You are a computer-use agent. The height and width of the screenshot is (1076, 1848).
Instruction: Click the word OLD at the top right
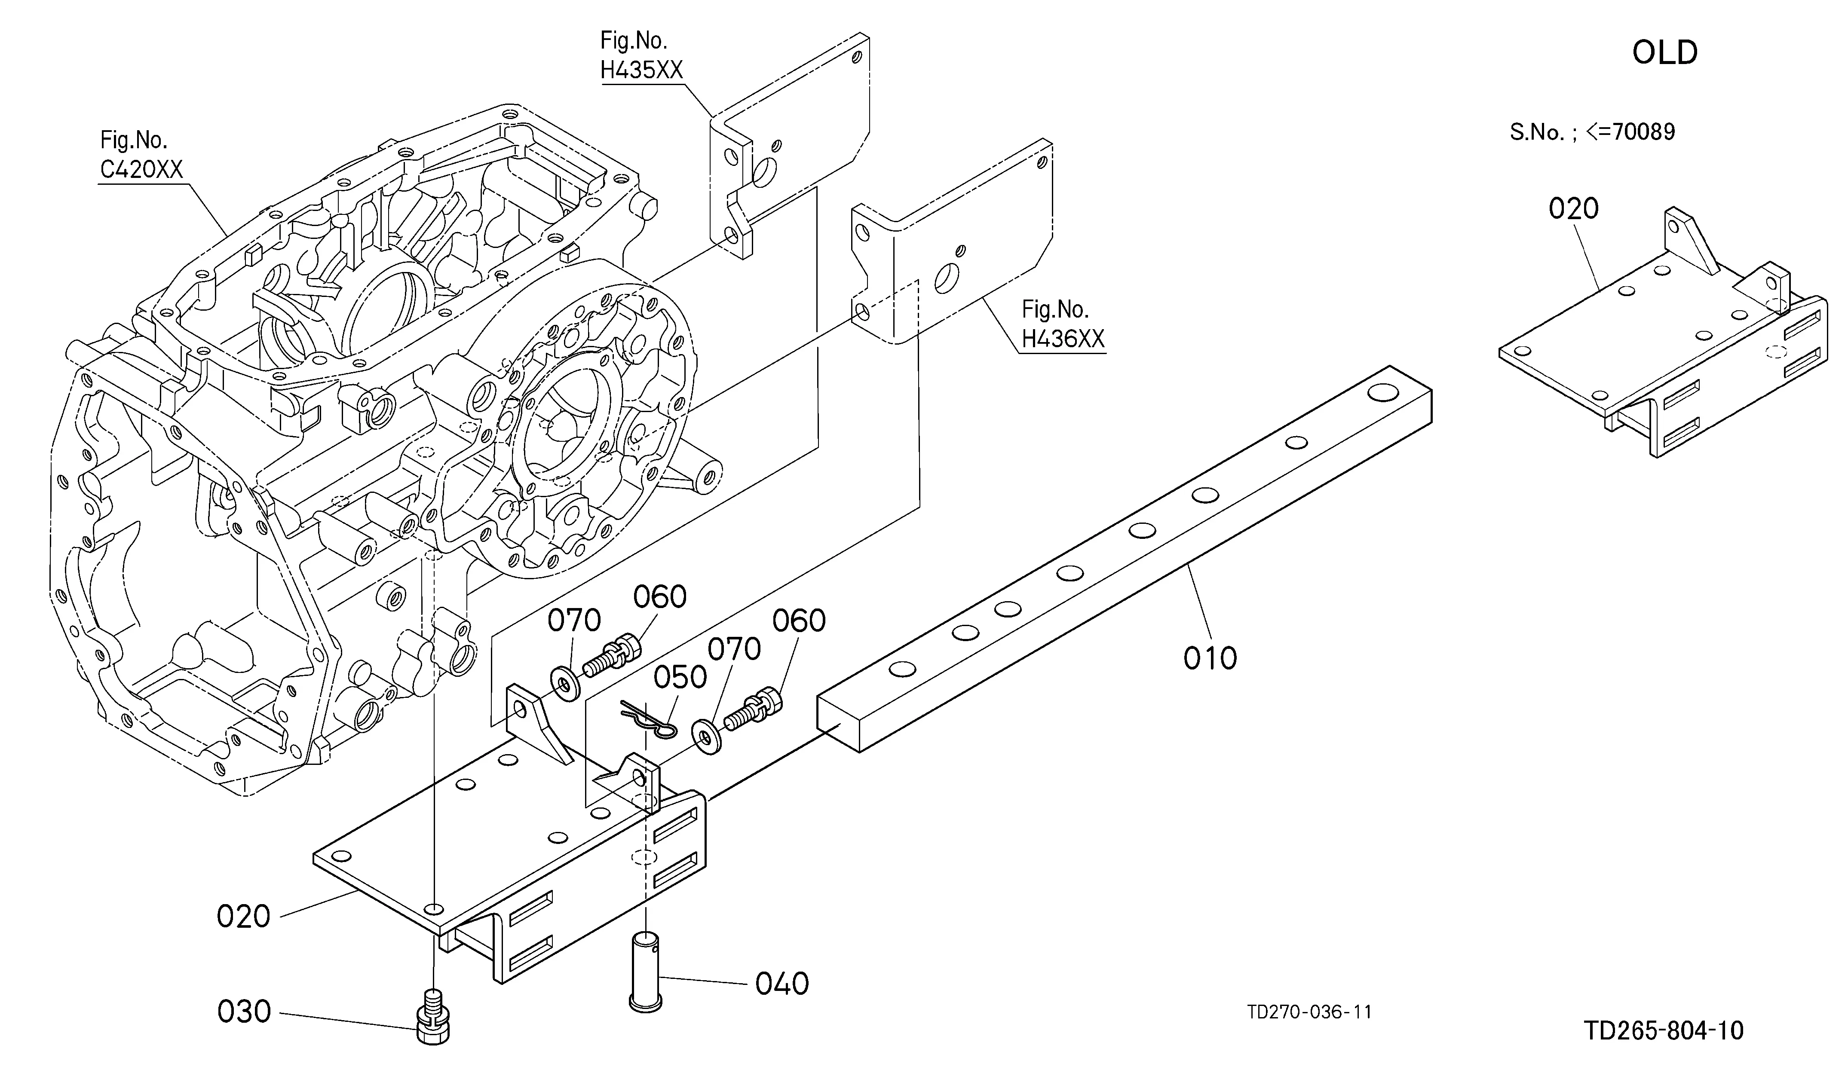(x=1665, y=53)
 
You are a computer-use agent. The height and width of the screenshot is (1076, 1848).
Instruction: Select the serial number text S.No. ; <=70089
(x=1592, y=132)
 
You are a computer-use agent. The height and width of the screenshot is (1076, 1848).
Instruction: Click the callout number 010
(x=1210, y=658)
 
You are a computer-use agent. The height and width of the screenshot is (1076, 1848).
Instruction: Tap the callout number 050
(x=680, y=677)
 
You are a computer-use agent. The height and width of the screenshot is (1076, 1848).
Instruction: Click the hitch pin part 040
(x=645, y=971)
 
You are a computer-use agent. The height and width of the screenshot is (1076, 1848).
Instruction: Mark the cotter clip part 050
(x=650, y=722)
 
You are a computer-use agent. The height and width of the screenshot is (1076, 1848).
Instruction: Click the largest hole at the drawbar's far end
(x=1382, y=393)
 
